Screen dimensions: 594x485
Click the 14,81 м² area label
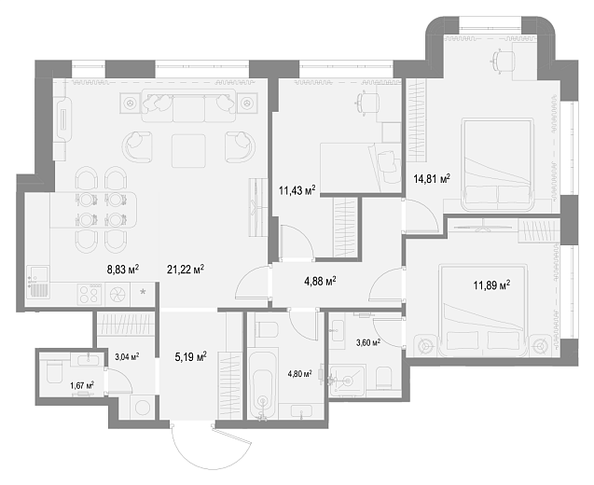[432, 178]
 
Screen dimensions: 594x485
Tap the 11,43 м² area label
[297, 190]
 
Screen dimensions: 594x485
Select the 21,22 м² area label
[186, 270]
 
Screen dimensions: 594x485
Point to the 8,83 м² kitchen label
[123, 270]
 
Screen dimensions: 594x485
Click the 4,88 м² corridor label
[320, 281]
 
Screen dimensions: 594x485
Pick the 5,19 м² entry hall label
[190, 356]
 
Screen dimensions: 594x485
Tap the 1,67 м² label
[82, 386]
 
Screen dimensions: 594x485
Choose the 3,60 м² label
[368, 343]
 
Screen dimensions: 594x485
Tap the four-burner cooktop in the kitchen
[90, 295]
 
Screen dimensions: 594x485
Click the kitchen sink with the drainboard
[38, 282]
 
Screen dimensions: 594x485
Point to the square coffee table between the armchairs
[188, 151]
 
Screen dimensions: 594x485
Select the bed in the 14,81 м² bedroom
[497, 165]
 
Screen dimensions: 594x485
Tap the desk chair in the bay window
[504, 61]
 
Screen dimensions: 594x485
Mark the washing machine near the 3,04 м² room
[143, 408]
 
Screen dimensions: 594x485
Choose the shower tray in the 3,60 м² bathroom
[348, 381]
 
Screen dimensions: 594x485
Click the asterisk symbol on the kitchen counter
[143, 292]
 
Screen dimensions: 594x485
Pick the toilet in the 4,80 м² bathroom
[267, 329]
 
